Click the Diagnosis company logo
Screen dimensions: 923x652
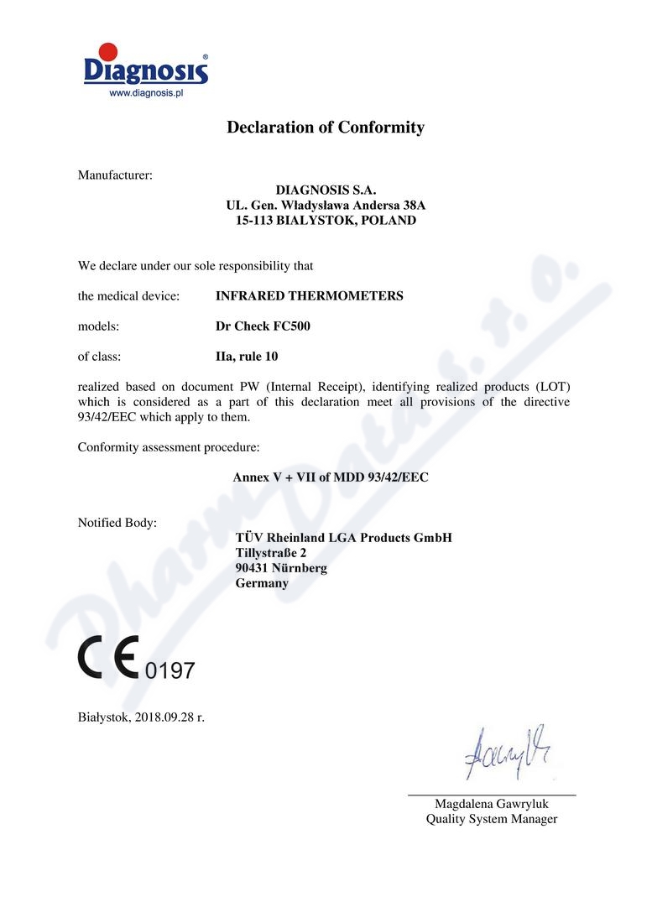(x=146, y=65)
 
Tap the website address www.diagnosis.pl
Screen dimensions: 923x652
(x=146, y=94)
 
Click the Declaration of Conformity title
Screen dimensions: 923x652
(x=326, y=128)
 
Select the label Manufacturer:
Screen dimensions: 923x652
(x=115, y=175)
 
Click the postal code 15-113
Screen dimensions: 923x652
(x=254, y=221)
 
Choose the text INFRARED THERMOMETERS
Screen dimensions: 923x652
(x=309, y=296)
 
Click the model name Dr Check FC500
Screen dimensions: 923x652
(x=263, y=326)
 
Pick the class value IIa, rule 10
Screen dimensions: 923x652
(x=247, y=357)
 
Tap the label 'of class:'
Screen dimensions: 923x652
(x=100, y=357)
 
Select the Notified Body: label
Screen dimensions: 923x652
(x=117, y=523)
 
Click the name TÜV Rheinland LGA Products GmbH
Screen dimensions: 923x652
(x=344, y=538)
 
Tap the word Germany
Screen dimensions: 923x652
(x=262, y=583)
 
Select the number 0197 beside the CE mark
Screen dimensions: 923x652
(x=170, y=670)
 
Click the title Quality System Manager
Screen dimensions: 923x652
(x=491, y=819)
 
